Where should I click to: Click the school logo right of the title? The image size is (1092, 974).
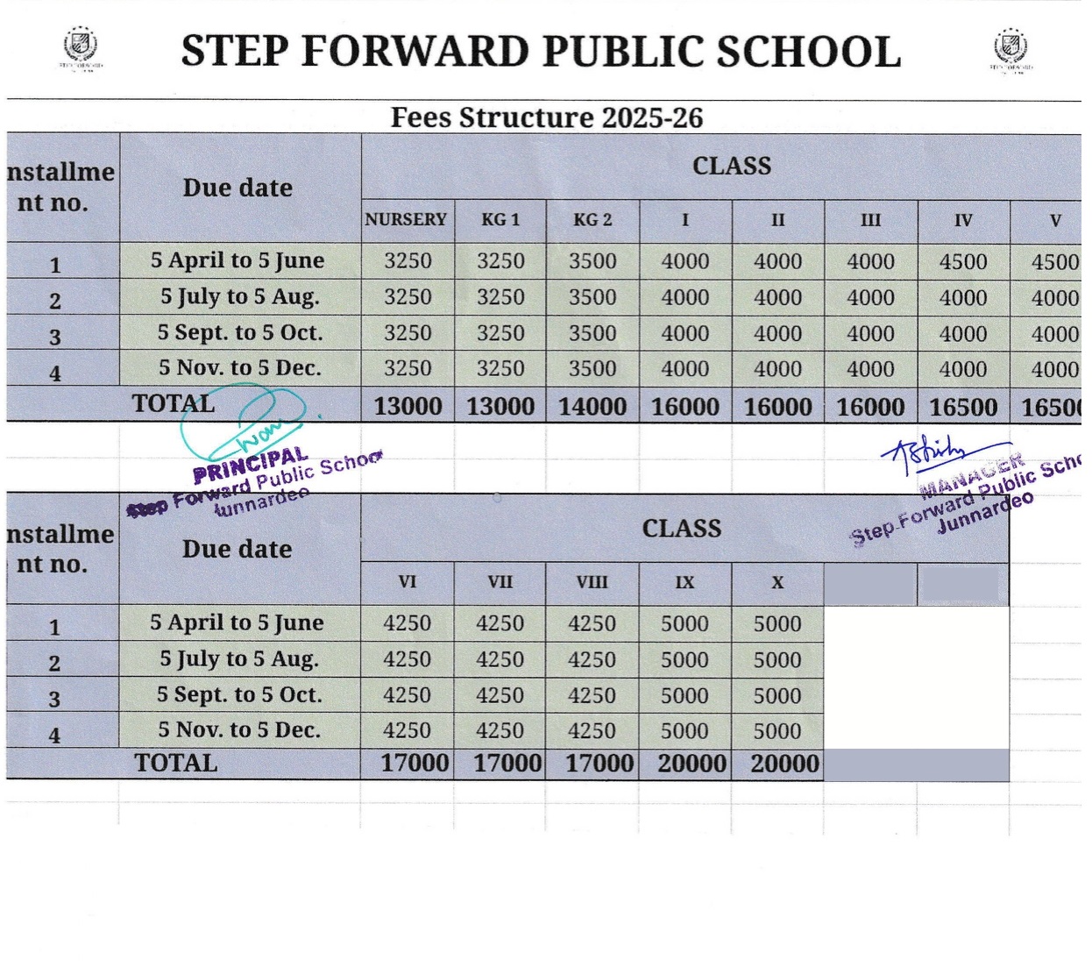(1010, 47)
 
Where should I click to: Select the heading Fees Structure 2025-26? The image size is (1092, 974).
(546, 117)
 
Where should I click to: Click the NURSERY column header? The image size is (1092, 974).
(406, 219)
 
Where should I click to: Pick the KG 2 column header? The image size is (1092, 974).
(592, 219)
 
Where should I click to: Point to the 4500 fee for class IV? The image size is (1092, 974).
(963, 261)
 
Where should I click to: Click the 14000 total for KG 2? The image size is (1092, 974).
(592, 407)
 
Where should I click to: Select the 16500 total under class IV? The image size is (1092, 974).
(963, 407)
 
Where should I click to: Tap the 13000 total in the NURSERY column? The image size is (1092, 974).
(408, 407)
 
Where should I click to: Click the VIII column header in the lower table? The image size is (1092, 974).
(592, 582)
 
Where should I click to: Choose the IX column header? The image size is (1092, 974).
(684, 582)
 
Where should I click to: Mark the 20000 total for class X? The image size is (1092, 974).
(784, 764)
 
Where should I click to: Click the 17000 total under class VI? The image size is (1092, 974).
(415, 764)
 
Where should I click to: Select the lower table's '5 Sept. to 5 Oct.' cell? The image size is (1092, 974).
(239, 695)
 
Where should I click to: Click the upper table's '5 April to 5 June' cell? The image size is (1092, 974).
(238, 260)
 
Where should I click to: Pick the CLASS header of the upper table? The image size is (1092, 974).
(732, 166)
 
